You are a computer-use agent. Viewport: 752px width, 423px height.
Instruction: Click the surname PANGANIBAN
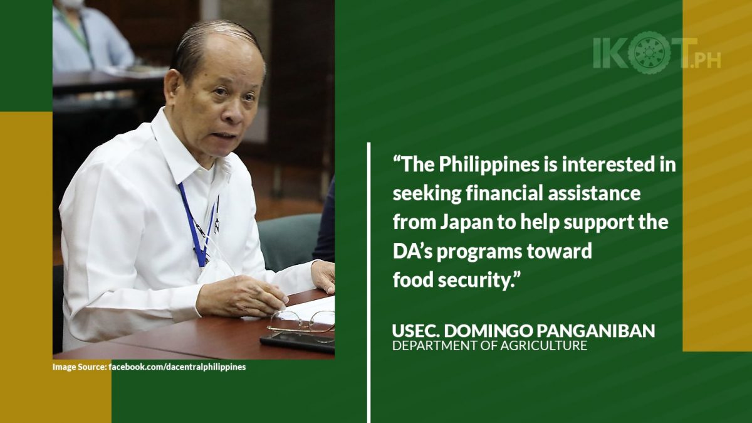pos(595,331)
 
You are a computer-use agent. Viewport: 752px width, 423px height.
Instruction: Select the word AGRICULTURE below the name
pos(543,346)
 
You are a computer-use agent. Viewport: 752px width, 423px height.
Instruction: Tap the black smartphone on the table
pos(298,343)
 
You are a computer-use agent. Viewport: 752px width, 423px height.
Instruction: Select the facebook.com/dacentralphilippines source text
pos(177,367)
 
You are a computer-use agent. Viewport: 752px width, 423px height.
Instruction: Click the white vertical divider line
pos(369,282)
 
